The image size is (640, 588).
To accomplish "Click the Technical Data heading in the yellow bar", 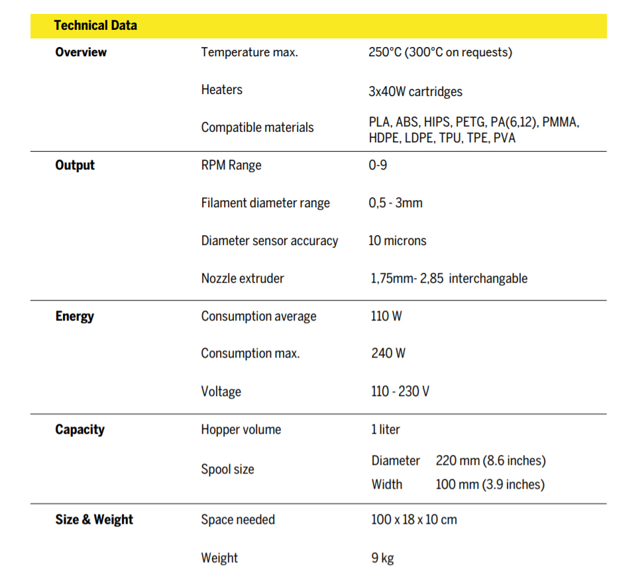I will [95, 26].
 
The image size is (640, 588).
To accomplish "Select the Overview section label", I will [81, 52].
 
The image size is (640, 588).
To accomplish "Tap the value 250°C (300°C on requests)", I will [440, 52].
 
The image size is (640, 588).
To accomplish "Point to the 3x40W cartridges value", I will [415, 91].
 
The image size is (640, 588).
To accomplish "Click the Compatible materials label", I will [257, 127].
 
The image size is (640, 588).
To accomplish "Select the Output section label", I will [75, 165].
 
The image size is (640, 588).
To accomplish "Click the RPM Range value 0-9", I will [378, 165].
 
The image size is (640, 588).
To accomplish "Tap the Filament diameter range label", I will [265, 203].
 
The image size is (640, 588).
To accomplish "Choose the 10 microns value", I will [398, 240].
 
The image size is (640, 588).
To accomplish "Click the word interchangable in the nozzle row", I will [488, 278].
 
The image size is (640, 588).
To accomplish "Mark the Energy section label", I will [74, 316].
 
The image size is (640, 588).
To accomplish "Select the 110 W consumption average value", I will [386, 316].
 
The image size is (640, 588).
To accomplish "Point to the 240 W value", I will [388, 353].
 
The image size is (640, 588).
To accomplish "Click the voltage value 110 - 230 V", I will [400, 391].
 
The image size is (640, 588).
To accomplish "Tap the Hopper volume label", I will [241, 429].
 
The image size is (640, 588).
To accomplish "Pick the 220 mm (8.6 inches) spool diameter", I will [490, 460].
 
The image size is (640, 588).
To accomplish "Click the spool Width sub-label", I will [387, 484].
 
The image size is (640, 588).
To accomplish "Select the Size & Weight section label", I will [94, 520].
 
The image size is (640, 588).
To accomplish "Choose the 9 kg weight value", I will [382, 558].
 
